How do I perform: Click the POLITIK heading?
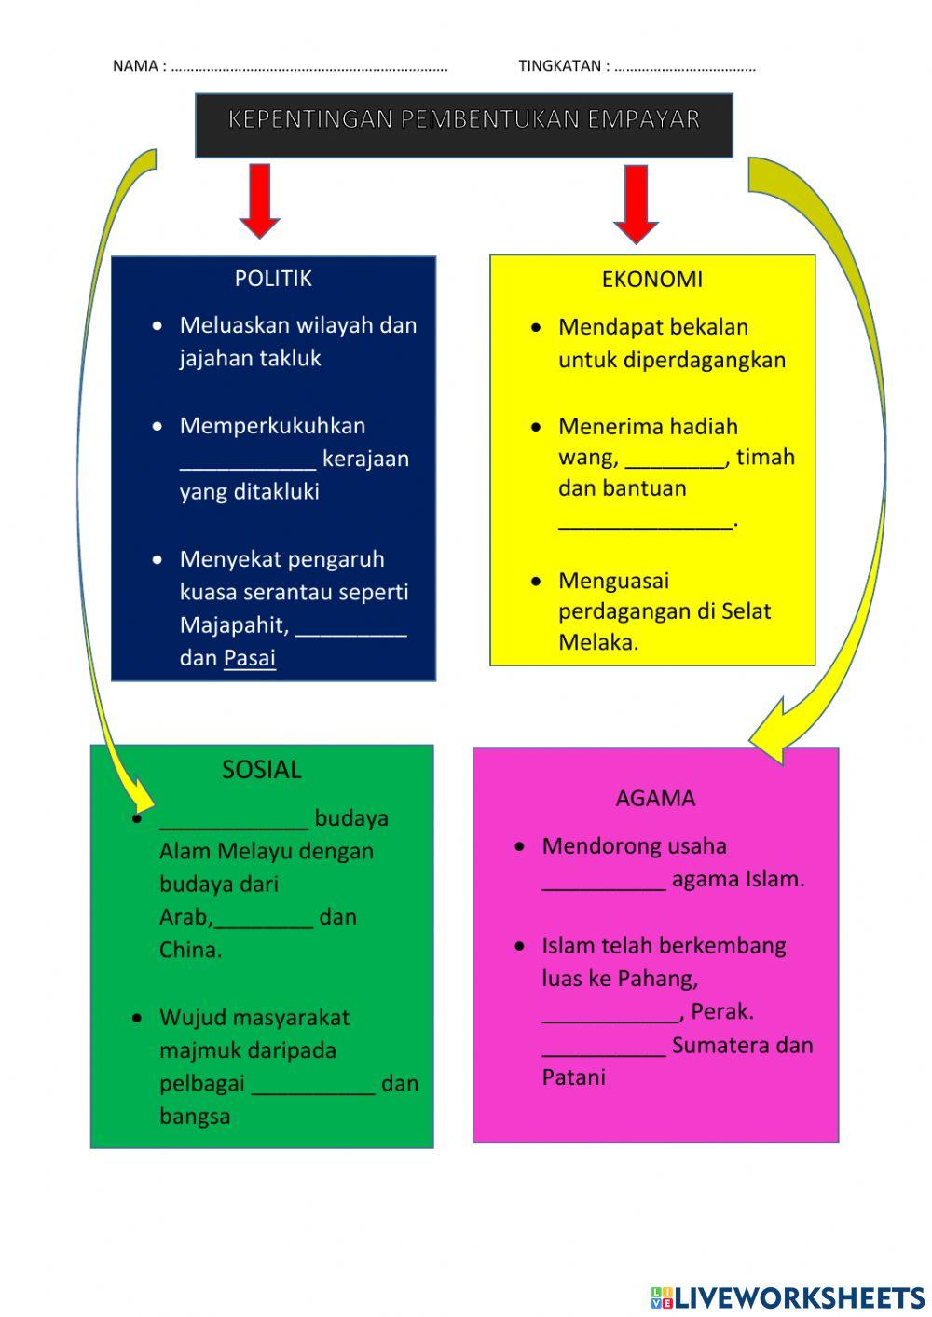pyautogui.click(x=273, y=278)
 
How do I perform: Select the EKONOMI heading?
pyautogui.click(x=651, y=279)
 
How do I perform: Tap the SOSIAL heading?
pyautogui.click(x=261, y=769)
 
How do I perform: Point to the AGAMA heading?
pyautogui.click(x=655, y=798)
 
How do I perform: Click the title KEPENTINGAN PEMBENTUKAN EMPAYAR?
pyautogui.click(x=463, y=119)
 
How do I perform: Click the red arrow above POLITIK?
pyautogui.click(x=260, y=199)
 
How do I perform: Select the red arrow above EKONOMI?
pyautogui.click(x=636, y=203)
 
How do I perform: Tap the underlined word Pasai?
pyautogui.click(x=250, y=657)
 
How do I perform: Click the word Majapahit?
pyautogui.click(x=233, y=624)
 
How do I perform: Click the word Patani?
pyautogui.click(x=573, y=1077)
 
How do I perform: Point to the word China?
pyautogui.click(x=190, y=950)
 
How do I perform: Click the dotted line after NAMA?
pyautogui.click(x=309, y=66)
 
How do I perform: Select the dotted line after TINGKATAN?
pyautogui.click(x=685, y=66)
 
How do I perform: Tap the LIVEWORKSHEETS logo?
pyautogui.click(x=788, y=1296)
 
